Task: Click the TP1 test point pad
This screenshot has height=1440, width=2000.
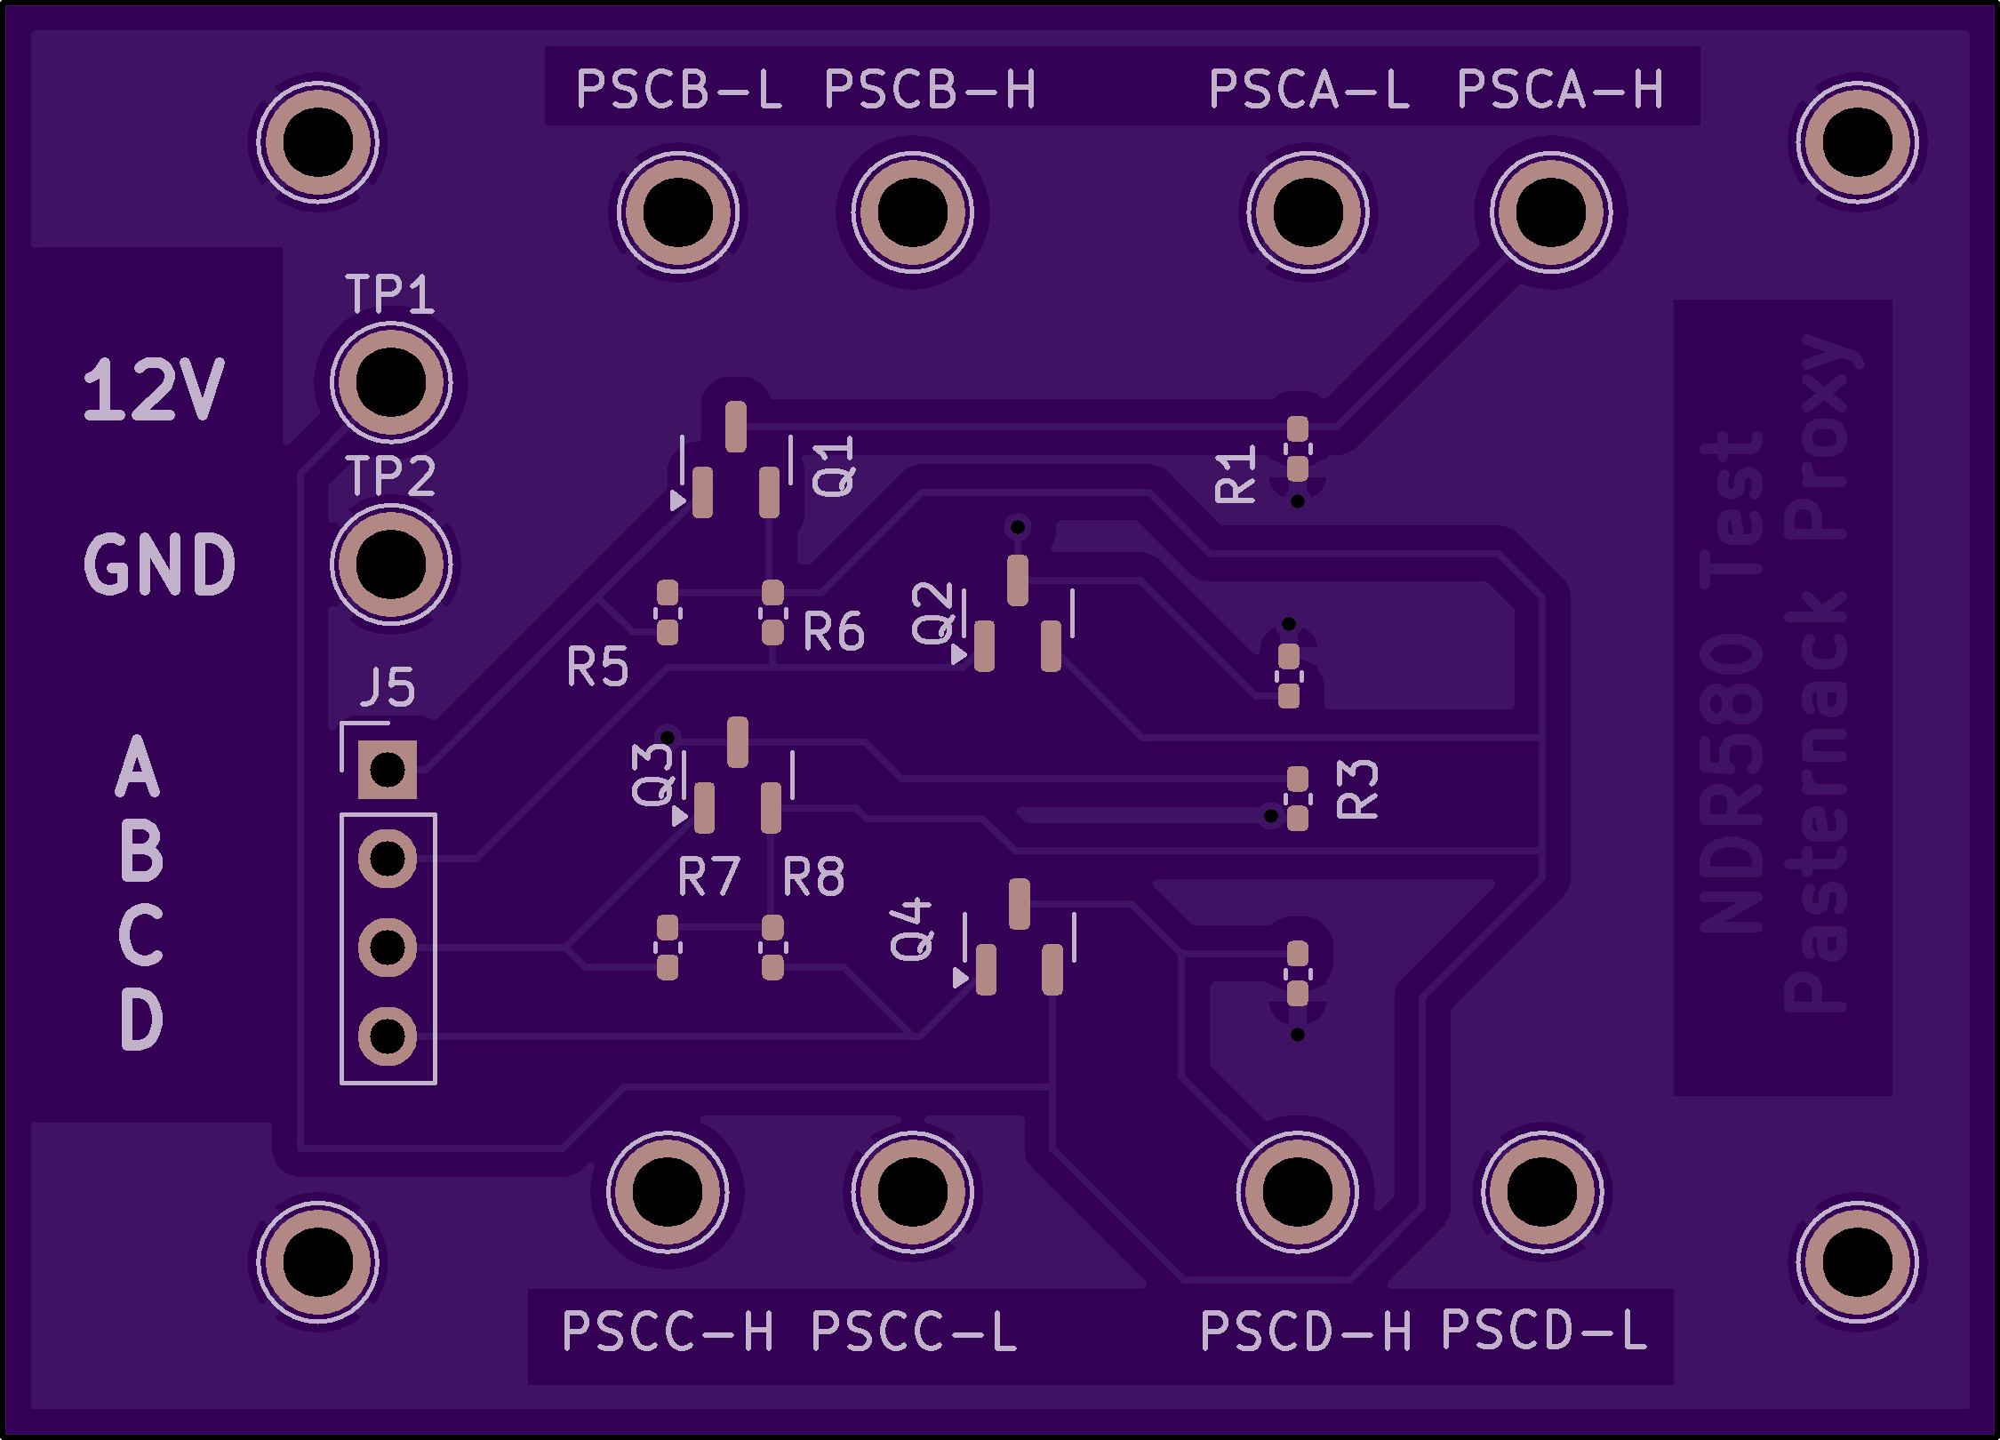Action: pyautogui.click(x=390, y=382)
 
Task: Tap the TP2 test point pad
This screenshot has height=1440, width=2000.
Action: pyautogui.click(x=390, y=564)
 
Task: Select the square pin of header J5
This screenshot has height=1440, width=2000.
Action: pyautogui.click(x=388, y=769)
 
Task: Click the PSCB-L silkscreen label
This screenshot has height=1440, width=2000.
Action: pyautogui.click(x=678, y=90)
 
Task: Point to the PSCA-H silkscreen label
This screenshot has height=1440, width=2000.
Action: pyautogui.click(x=1559, y=90)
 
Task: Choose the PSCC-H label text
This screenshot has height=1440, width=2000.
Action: pyautogui.click(x=667, y=1332)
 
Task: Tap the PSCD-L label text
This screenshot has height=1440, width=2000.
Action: pyautogui.click(x=1544, y=1331)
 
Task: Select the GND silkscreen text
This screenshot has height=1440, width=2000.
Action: pyautogui.click(x=160, y=564)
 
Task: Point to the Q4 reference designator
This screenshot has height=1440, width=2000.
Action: pyautogui.click(x=912, y=929)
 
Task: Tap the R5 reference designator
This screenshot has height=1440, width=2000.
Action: pyautogui.click(x=597, y=667)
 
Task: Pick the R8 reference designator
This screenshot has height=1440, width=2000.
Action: pyautogui.click(x=813, y=876)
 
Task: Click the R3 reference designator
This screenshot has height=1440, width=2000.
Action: pyautogui.click(x=1357, y=789)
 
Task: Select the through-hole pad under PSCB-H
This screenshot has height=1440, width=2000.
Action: pyautogui.click(x=912, y=212)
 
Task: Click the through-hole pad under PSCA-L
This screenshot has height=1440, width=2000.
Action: pyautogui.click(x=1308, y=212)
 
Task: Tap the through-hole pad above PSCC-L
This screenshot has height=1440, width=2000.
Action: pyautogui.click(x=912, y=1192)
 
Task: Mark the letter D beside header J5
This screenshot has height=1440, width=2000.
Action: pyautogui.click(x=141, y=1020)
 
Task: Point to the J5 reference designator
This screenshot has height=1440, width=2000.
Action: pyautogui.click(x=388, y=687)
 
